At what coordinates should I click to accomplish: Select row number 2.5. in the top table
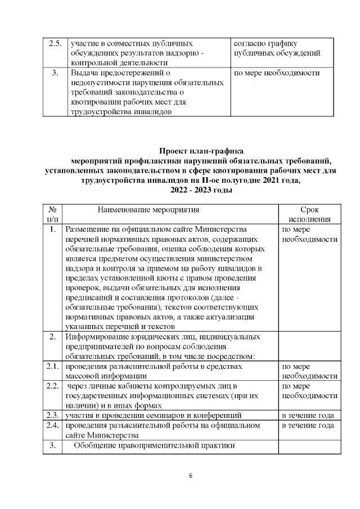tap(55, 43)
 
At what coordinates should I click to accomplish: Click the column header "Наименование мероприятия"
tap(148, 210)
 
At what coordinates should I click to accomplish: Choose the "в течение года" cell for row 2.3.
tap(308, 416)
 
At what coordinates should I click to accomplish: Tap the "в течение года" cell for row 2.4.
tap(308, 425)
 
